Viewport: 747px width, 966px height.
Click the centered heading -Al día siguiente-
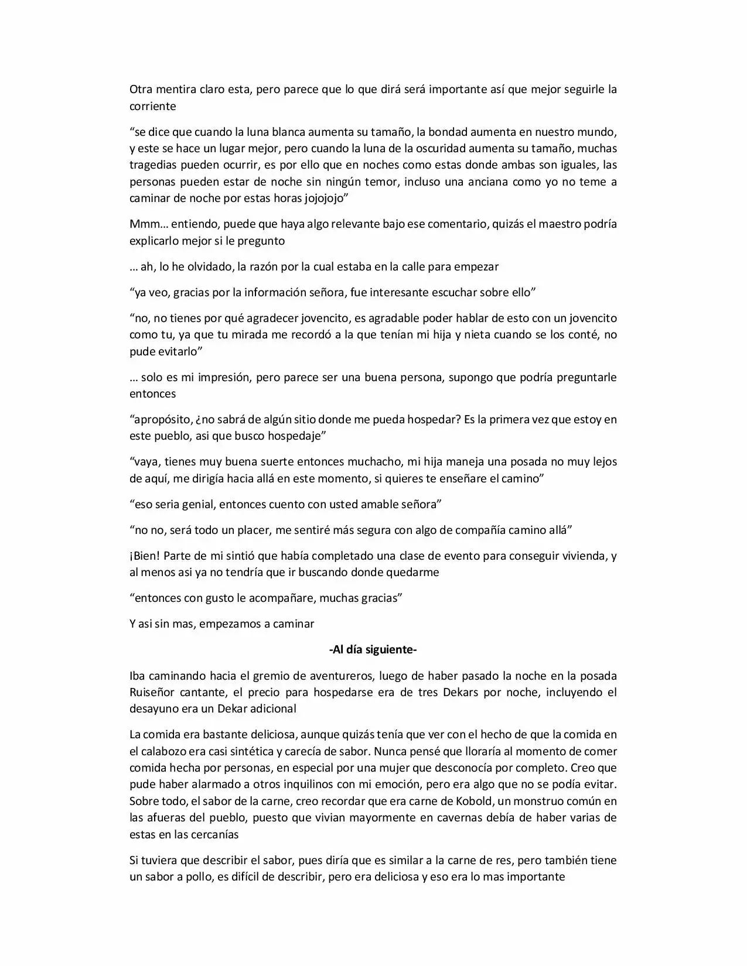pos(373,650)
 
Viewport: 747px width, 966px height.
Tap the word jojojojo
pos(326,198)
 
